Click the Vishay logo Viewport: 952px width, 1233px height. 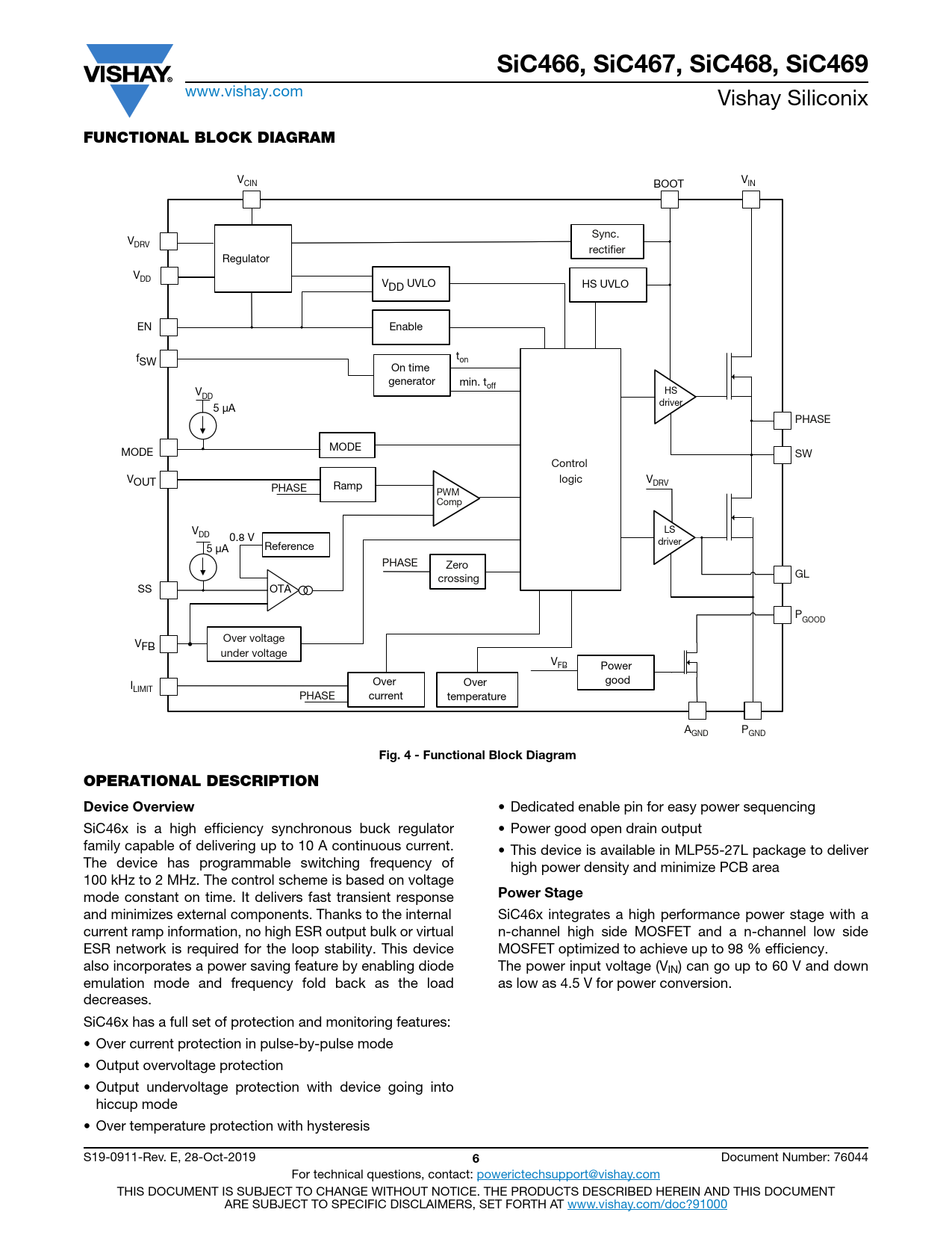coord(128,78)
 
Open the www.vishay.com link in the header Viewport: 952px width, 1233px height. coord(244,92)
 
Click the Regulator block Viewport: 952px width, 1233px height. coord(252,259)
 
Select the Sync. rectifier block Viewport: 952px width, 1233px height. coord(606,241)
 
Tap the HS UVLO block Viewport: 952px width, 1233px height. coord(607,285)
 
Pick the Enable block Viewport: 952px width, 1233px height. coord(410,327)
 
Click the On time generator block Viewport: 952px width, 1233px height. coord(411,374)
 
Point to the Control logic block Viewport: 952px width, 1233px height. coord(570,470)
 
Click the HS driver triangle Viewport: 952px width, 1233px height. coord(671,397)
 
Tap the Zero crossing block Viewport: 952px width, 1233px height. coord(458,572)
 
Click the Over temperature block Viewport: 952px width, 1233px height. coord(476,689)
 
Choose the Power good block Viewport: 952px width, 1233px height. coord(616,673)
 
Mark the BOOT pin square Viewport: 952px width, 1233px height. coord(669,200)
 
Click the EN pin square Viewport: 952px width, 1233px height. coord(169,327)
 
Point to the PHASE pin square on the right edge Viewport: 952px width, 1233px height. coord(782,420)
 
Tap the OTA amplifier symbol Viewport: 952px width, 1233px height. coord(281,590)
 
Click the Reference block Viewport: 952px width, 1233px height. coord(296,546)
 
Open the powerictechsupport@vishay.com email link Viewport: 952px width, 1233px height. coord(568,1175)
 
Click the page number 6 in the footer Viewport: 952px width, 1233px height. coord(476,1158)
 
